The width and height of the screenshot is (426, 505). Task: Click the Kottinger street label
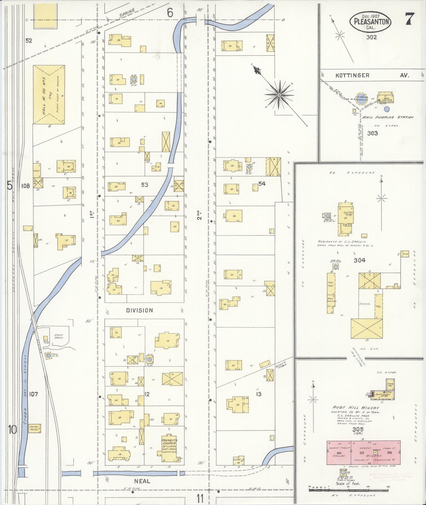[x=352, y=75]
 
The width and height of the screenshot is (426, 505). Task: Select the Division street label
[x=140, y=310]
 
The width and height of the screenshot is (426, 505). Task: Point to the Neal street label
[x=142, y=481]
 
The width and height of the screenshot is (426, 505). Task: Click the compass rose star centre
[x=279, y=95]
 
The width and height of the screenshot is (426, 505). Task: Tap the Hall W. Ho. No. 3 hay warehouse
[x=49, y=95]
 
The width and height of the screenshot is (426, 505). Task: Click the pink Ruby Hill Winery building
[x=363, y=453]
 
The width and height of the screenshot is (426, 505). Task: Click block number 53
[x=144, y=185]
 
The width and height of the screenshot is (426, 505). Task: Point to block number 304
[x=359, y=260]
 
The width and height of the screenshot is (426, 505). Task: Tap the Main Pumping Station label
[x=387, y=117]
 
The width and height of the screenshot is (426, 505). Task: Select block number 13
[x=259, y=394]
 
